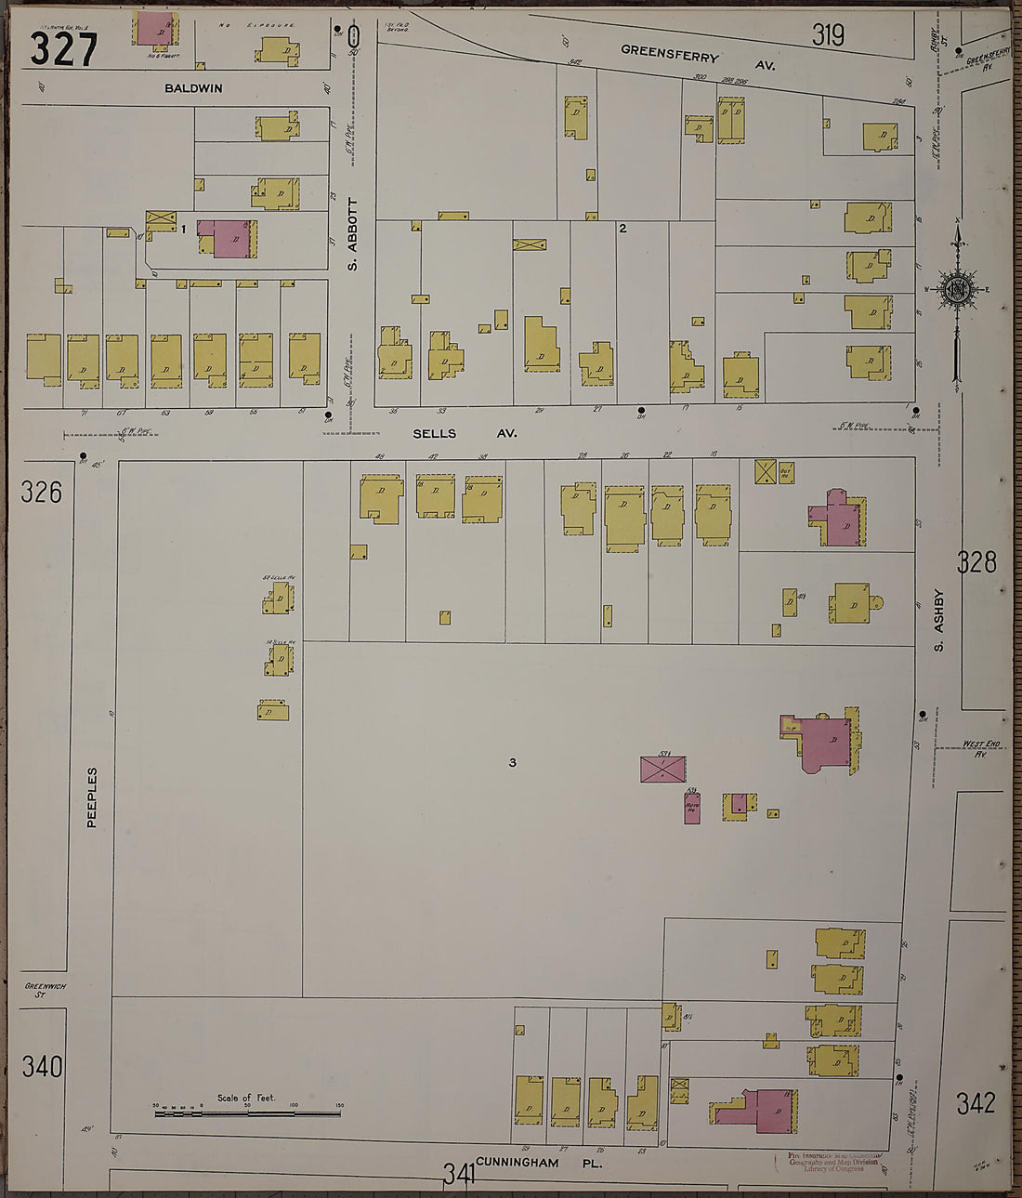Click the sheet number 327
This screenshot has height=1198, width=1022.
pyautogui.click(x=63, y=48)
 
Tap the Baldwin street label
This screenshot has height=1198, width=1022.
pyautogui.click(x=193, y=88)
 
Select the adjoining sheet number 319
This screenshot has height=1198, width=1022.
pyautogui.click(x=828, y=35)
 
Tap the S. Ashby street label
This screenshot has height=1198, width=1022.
pyautogui.click(x=938, y=620)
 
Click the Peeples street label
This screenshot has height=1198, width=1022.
pyautogui.click(x=92, y=796)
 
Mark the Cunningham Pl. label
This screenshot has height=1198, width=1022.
pyautogui.click(x=538, y=1163)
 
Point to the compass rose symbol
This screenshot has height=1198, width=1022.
pyautogui.click(x=956, y=288)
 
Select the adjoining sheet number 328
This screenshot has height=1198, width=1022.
pyautogui.click(x=976, y=561)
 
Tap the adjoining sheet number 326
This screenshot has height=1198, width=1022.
pyautogui.click(x=42, y=491)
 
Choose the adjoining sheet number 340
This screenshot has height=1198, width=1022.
pyautogui.click(x=43, y=1066)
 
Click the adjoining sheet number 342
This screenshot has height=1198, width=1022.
pyautogui.click(x=976, y=1103)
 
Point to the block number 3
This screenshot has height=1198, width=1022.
pyautogui.click(x=512, y=763)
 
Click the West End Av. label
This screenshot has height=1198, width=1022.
pyautogui.click(x=974, y=747)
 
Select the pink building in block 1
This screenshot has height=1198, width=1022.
pyautogui.click(x=229, y=238)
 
